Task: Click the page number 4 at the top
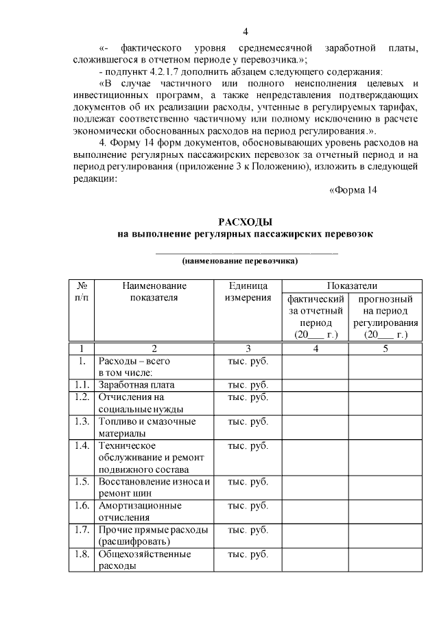click(246, 32)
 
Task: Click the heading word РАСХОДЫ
click(246, 221)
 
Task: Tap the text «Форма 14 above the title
click(353, 190)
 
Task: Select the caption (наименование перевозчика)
click(246, 261)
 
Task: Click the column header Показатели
click(352, 285)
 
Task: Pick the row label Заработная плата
click(137, 384)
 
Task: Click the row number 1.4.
click(82, 446)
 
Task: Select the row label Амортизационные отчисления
click(140, 511)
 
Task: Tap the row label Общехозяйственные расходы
click(144, 560)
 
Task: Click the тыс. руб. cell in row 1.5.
click(248, 481)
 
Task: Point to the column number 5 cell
click(385, 347)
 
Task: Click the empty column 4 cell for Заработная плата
click(316, 384)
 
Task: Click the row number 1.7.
click(82, 530)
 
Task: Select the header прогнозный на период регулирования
click(385, 316)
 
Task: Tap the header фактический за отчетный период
click(316, 316)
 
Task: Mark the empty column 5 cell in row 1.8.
click(385, 560)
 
